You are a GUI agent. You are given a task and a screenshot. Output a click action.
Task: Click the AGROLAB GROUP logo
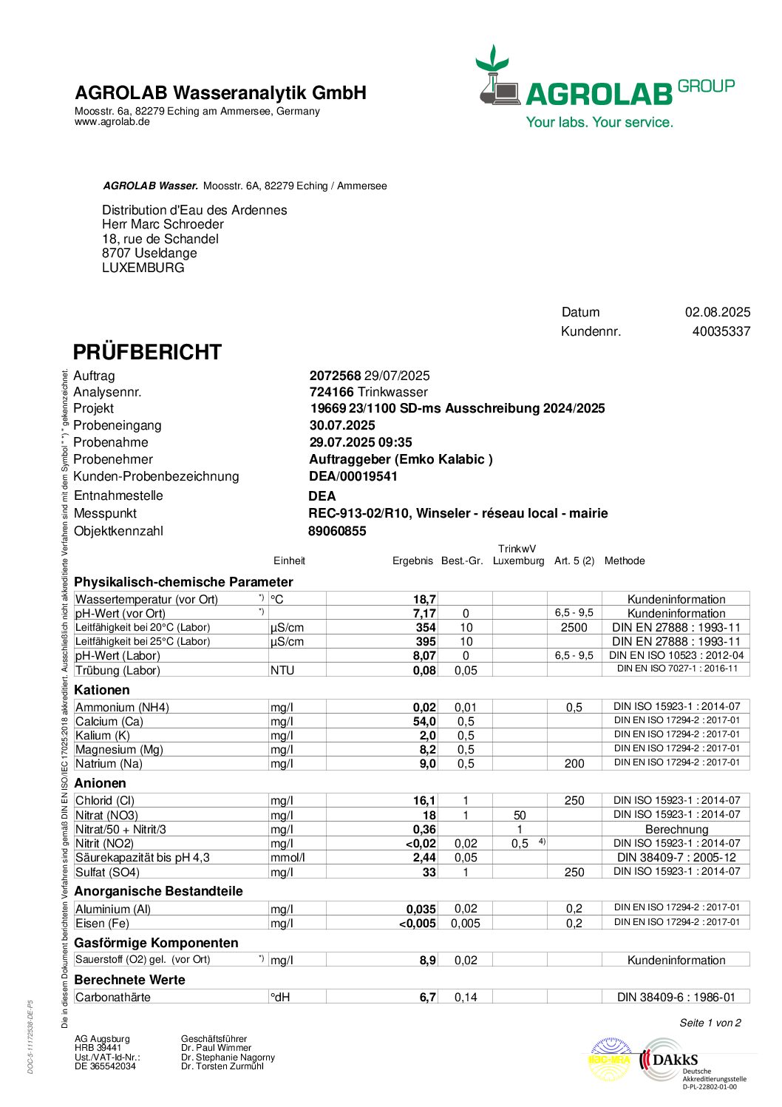click(x=605, y=87)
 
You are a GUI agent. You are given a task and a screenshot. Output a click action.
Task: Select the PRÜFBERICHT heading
click(x=147, y=352)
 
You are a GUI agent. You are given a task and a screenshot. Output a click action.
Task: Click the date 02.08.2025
click(x=717, y=312)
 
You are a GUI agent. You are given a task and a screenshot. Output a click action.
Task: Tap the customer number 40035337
click(x=721, y=331)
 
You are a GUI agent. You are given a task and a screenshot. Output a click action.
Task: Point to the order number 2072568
click(x=335, y=376)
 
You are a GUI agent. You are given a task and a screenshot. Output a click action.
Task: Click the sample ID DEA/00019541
click(x=353, y=476)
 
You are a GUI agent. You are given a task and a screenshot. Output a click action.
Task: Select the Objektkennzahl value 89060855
click(x=337, y=531)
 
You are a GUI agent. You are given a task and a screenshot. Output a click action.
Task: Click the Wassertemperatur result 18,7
click(x=424, y=600)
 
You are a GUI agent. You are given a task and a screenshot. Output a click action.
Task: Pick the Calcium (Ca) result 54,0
click(x=424, y=722)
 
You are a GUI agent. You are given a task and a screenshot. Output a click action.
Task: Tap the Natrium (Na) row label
click(x=109, y=764)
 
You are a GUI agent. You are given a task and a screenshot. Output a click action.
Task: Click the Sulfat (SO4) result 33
click(x=429, y=873)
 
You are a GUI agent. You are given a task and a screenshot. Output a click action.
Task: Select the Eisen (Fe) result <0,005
click(x=418, y=924)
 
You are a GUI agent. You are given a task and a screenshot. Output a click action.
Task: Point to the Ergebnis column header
click(x=412, y=561)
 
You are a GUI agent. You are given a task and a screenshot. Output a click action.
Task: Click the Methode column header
click(x=625, y=561)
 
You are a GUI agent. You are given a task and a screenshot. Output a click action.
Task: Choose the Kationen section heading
click(x=102, y=690)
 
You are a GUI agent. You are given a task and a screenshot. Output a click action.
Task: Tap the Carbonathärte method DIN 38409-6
click(x=676, y=998)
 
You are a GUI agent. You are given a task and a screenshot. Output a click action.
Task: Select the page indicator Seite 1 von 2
click(x=710, y=1023)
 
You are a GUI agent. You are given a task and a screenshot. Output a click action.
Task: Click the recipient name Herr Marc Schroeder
click(x=163, y=224)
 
